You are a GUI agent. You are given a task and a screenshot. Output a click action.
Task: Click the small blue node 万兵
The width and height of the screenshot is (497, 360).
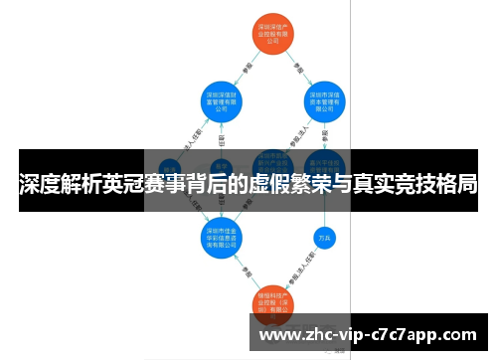click(323, 238)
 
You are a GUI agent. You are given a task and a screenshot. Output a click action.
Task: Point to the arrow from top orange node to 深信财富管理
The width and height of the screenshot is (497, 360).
click(247, 66)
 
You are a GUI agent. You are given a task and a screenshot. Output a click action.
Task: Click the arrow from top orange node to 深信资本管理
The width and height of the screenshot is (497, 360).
click(301, 67)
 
